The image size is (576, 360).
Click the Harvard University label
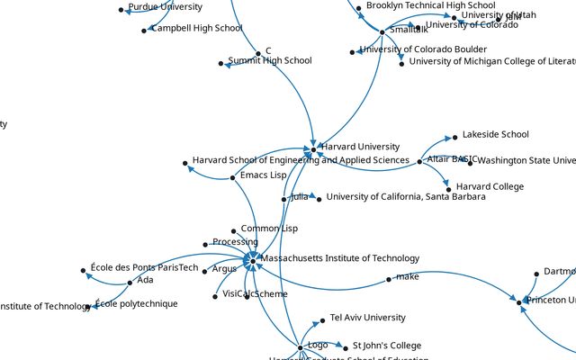[x=360, y=147]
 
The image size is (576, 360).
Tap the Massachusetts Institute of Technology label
[x=339, y=259]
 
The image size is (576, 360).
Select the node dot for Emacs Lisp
[x=233, y=177]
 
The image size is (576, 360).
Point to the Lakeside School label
[x=495, y=135]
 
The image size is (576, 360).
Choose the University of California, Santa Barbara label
[x=406, y=197]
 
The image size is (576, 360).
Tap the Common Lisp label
[x=269, y=229]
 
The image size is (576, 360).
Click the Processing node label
[x=235, y=242]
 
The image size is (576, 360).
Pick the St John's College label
[x=386, y=346]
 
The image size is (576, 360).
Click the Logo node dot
[x=300, y=347]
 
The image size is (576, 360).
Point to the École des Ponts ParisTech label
[x=144, y=267]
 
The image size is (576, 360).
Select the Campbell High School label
[x=196, y=29]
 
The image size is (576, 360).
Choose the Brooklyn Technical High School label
[x=430, y=5]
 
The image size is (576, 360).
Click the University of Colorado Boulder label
[x=423, y=49]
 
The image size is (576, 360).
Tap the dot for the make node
[x=388, y=279]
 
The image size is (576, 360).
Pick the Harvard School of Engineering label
[x=301, y=161]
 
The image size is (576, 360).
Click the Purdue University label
[x=165, y=7]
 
